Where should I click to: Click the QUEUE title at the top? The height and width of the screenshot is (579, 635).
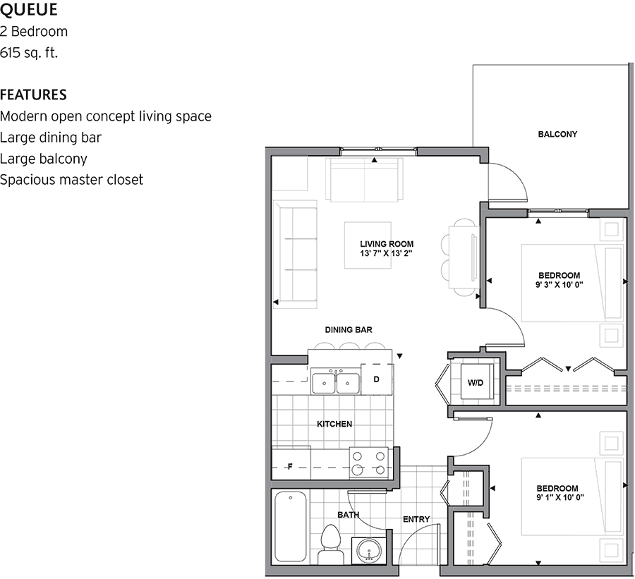click(x=29, y=10)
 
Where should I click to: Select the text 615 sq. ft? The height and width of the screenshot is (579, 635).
click(x=29, y=53)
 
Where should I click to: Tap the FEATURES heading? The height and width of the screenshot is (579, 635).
click(x=33, y=95)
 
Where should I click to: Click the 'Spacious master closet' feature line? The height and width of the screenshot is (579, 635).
click(x=71, y=180)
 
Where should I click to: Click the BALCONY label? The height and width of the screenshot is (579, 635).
click(x=557, y=134)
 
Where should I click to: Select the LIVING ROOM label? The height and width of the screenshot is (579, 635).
click(x=387, y=244)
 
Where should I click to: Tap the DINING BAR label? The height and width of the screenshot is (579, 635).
click(x=349, y=329)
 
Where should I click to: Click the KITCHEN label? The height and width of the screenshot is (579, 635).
click(x=334, y=424)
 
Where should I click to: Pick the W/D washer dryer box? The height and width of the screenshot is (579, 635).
click(x=475, y=383)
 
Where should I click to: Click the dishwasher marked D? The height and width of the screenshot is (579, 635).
click(x=377, y=379)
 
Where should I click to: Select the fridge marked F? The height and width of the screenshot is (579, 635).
click(x=291, y=466)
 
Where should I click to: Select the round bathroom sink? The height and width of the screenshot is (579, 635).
click(x=367, y=550)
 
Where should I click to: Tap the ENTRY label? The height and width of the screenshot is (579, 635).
click(x=416, y=519)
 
